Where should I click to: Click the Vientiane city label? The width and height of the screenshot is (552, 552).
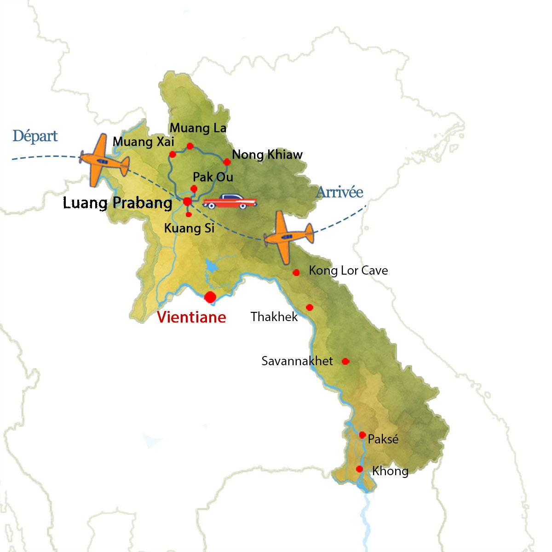pos(191,317)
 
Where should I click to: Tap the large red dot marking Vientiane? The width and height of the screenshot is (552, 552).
pos(210,297)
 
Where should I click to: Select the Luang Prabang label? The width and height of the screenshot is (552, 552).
pos(117,203)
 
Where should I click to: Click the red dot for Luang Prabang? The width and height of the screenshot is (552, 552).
pos(187,201)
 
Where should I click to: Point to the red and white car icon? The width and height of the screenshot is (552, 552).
pos(230,201)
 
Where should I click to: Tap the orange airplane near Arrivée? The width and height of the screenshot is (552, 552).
pos(288,236)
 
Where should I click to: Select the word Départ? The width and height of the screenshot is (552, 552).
pos(35,136)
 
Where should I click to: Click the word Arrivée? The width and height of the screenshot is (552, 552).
pos(339,192)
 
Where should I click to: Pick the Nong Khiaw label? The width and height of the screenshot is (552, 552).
pos(267,155)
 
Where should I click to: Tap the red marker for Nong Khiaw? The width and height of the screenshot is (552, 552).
pos(227,162)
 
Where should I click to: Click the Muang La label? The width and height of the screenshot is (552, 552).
pos(198,128)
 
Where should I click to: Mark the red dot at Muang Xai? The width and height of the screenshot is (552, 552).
pos(172,154)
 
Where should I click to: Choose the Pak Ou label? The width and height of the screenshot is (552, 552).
pos(213,178)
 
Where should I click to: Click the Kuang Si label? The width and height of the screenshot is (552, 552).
pos(189,228)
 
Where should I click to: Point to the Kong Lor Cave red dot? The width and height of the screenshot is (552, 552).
pos(296,273)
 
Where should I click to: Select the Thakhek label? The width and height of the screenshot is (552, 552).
pos(274,316)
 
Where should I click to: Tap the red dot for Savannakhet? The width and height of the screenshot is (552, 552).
pos(345,362)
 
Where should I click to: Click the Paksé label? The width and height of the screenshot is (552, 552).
pos(383,439)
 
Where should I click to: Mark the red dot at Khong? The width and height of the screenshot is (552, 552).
pos(359,469)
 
